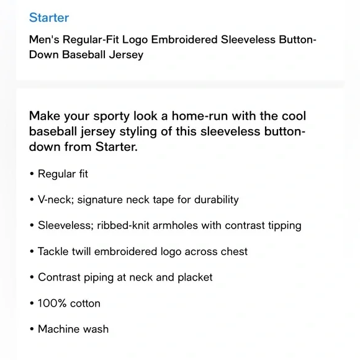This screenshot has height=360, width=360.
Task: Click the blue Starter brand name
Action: pos(49,17)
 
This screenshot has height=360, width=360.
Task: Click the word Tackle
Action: pos(54,251)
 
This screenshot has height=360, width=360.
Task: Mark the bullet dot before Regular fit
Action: pos(32,174)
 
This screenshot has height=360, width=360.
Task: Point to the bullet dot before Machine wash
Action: pos(32,330)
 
